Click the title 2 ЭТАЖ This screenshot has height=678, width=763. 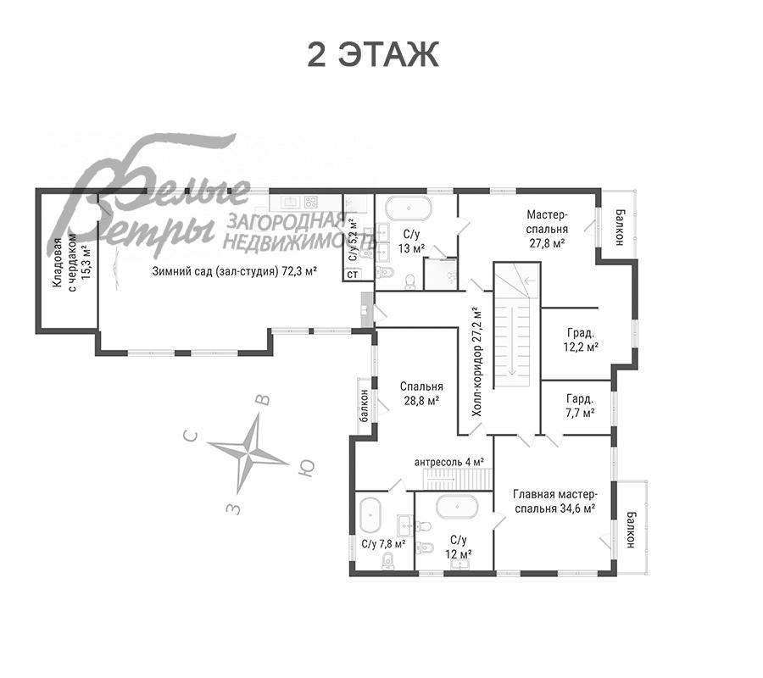coord(373,54)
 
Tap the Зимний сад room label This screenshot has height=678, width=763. coord(235,271)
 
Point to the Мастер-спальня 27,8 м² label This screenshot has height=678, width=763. coord(547,229)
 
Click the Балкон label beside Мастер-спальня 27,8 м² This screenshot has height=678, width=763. coord(620,227)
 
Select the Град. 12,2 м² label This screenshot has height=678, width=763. coord(581,340)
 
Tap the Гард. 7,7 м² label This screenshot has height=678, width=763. coord(580,406)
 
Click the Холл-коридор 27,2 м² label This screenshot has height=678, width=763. coord(477,362)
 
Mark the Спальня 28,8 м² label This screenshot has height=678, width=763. coord(421,393)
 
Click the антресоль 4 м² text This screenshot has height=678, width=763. coord(449,462)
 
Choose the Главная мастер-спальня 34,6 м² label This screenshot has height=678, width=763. coord(554,502)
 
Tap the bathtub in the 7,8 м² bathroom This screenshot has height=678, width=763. coord(370,515)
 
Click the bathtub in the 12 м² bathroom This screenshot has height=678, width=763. coord(457,507)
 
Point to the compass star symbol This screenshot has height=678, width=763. coord(248,453)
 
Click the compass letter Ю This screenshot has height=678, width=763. coord(305,467)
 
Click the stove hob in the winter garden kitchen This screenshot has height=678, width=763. coord(310,202)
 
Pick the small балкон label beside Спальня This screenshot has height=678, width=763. coord(364,405)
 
